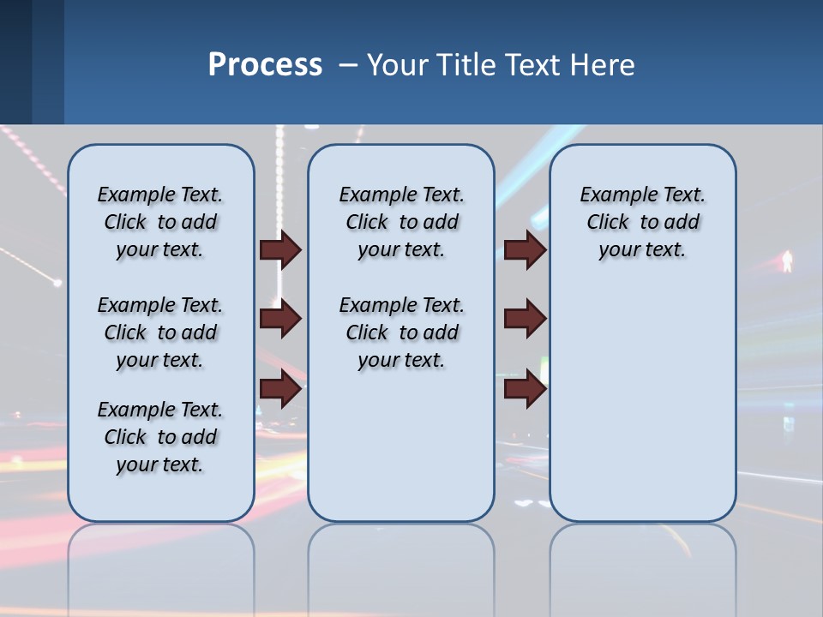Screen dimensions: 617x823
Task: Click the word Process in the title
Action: click(265, 64)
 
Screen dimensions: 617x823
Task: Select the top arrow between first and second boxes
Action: click(280, 249)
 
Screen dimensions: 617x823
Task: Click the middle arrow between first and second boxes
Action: click(280, 320)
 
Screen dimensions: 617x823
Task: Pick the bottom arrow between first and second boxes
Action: click(280, 389)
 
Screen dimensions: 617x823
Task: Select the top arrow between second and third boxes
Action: click(525, 249)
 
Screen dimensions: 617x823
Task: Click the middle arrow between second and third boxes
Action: click(525, 320)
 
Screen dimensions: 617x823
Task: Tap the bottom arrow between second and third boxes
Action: click(525, 389)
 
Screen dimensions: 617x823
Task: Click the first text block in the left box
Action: click(160, 222)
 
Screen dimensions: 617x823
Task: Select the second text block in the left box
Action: click(160, 332)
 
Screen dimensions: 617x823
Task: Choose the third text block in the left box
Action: click(160, 437)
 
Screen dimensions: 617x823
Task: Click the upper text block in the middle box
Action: click(401, 222)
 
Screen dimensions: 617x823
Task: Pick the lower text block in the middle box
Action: click(401, 332)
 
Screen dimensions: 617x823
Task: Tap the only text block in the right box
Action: click(642, 222)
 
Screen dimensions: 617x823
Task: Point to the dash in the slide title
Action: click(348, 65)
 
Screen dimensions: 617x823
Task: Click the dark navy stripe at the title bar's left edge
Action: click(15, 62)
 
